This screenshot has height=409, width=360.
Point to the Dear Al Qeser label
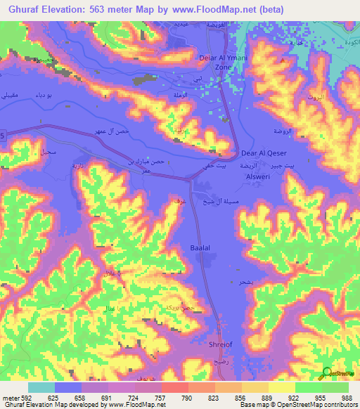tap(260, 151)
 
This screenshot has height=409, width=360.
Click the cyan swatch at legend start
tap(41, 388)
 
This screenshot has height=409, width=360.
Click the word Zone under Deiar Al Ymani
tap(223, 67)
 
